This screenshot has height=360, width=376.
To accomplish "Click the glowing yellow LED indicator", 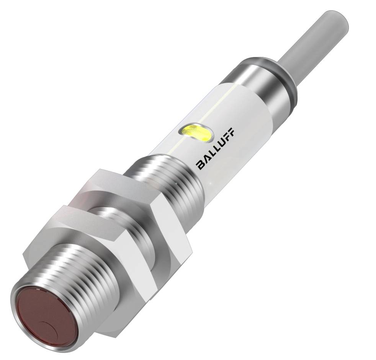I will [197, 132].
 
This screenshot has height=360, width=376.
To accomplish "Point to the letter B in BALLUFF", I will [201, 165].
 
